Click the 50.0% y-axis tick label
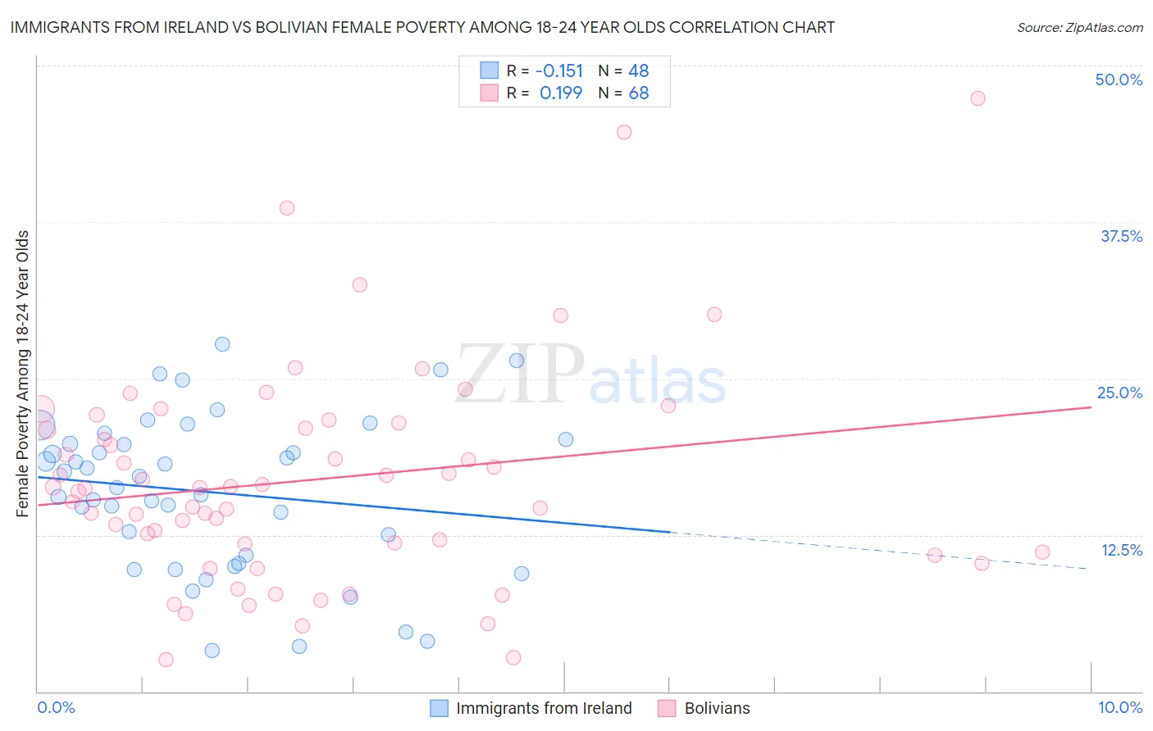tap(1119, 79)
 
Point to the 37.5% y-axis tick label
tap(1121, 236)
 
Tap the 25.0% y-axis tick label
tap(1119, 393)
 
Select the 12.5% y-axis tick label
tap(1121, 550)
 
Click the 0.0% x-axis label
tap(56, 707)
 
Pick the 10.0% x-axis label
tap(1120, 707)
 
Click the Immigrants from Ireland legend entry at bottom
tap(544, 708)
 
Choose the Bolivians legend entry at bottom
tap(717, 708)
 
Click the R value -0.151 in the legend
tap(558, 70)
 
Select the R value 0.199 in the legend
tap(561, 93)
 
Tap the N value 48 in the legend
tap(639, 70)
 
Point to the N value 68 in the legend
tap(639, 93)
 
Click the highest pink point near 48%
tap(978, 98)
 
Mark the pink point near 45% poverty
tap(624, 132)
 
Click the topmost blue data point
tap(222, 344)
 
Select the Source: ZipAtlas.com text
tap(1080, 28)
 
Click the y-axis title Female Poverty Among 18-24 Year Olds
tap(23, 374)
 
